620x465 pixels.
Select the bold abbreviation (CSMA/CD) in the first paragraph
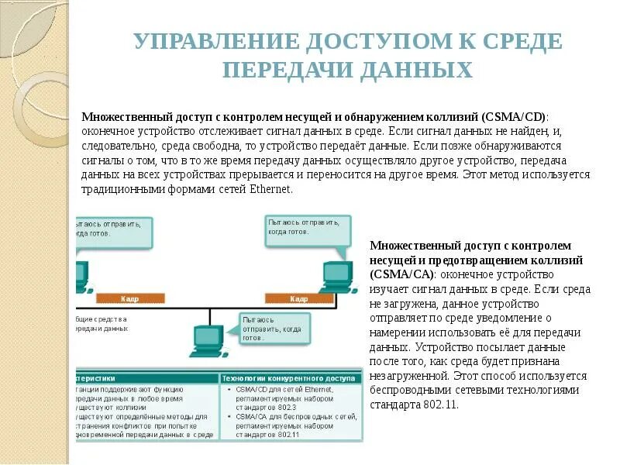[514, 116]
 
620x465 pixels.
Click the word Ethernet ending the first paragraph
[270, 188]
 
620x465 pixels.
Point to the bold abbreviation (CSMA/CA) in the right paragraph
[403, 274]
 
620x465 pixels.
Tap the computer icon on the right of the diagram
[336, 276]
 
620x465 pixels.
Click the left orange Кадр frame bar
[129, 298]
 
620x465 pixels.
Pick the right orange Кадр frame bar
[299, 298]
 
